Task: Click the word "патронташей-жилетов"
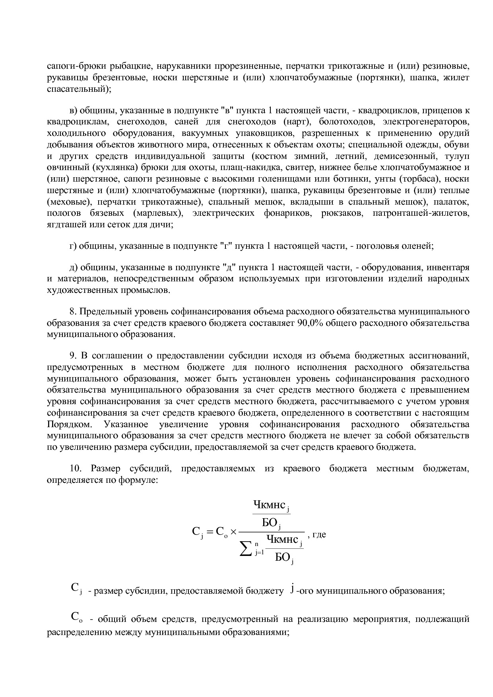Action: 421,213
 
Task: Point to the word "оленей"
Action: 418,246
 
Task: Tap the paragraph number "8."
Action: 72,311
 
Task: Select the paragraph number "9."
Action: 72,355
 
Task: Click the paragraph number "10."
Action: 75,469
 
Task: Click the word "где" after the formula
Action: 319,534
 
